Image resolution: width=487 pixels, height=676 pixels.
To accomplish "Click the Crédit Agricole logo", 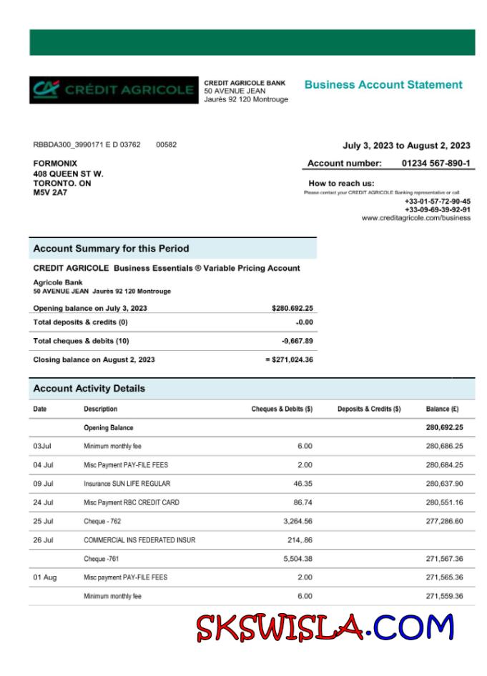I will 114,90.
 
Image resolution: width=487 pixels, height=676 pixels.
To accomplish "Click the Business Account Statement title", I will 383,84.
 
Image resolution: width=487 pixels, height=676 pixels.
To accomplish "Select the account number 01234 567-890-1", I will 436,163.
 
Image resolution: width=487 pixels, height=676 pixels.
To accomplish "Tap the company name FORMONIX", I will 55,164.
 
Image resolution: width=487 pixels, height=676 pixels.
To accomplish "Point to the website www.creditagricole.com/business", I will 415,218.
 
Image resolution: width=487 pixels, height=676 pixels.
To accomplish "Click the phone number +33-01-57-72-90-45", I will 438,202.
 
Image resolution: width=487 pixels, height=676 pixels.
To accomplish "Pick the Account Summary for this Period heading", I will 111,249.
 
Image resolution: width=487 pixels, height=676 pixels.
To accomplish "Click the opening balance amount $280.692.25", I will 292,309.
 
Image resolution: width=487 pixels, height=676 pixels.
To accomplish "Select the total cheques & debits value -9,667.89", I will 297,341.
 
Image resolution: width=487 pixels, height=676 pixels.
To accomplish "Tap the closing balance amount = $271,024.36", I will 289,359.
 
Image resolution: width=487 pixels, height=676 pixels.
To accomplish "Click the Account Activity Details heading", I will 89,389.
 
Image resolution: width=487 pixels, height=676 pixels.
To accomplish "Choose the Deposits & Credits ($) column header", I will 369,409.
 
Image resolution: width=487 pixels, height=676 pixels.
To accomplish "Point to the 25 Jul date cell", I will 43,521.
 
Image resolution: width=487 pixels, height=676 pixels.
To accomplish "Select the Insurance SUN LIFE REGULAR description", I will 127,484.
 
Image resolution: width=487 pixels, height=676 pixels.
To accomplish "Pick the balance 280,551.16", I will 444,502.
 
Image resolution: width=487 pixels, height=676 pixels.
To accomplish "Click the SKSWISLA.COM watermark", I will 325,628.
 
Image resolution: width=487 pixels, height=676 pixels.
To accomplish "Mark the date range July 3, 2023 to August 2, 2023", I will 406,146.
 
